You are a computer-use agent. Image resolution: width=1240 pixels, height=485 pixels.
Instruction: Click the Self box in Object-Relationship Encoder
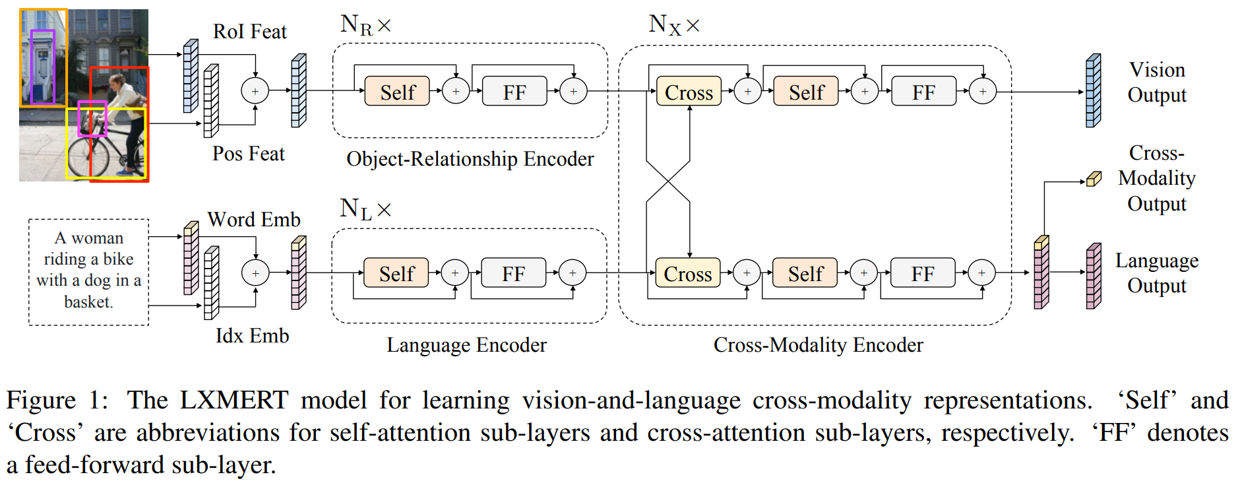point(397,92)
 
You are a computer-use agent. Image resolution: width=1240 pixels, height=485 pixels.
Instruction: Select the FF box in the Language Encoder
point(513,273)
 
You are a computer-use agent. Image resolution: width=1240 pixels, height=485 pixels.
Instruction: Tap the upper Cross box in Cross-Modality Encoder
point(689,92)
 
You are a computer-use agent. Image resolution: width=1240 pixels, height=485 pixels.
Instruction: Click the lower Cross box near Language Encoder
point(687,273)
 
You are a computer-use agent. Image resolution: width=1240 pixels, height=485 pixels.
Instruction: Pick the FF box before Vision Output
point(923,92)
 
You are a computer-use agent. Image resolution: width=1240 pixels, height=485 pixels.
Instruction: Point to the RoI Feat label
point(249,32)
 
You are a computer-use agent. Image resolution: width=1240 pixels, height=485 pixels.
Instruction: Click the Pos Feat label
point(248,154)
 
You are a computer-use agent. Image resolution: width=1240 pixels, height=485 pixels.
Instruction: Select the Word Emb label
point(253,219)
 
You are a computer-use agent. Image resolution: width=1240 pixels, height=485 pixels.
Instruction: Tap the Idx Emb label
point(252,336)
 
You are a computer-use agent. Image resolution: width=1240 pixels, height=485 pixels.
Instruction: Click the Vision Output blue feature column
point(1093,91)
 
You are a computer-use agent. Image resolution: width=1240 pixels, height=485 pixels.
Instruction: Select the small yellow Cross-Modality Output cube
point(1094,179)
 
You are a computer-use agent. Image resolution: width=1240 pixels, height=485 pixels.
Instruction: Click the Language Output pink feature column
point(1093,276)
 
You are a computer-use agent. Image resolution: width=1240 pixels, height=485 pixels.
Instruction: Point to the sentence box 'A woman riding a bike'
point(88,271)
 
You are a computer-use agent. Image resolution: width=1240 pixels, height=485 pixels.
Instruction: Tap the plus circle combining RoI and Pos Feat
point(255,91)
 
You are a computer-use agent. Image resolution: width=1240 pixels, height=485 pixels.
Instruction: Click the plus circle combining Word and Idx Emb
point(255,273)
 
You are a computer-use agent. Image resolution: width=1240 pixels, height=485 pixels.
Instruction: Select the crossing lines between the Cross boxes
point(668,181)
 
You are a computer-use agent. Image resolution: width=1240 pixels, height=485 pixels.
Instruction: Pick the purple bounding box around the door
point(43,66)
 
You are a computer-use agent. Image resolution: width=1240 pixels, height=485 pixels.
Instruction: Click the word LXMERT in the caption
point(233,400)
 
